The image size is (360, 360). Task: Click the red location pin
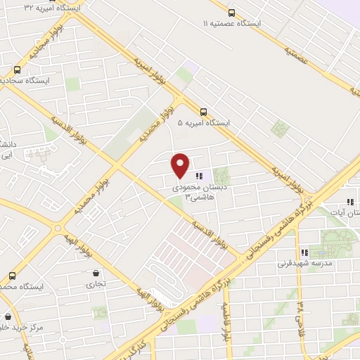tap(180, 165)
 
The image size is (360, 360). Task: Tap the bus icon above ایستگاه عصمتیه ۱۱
tap(231, 11)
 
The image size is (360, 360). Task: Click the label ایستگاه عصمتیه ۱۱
tap(231, 23)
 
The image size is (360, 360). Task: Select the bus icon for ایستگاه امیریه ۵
tap(203, 111)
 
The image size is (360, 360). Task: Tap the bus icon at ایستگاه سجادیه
tap(17, 70)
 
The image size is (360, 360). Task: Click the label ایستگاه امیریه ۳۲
tap(50, 6)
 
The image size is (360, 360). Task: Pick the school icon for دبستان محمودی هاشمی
tap(199, 176)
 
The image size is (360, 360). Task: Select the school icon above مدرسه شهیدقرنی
tap(304, 252)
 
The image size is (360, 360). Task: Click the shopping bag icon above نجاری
tap(96, 273)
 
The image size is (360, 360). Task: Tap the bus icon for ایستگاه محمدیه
tap(12, 276)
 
